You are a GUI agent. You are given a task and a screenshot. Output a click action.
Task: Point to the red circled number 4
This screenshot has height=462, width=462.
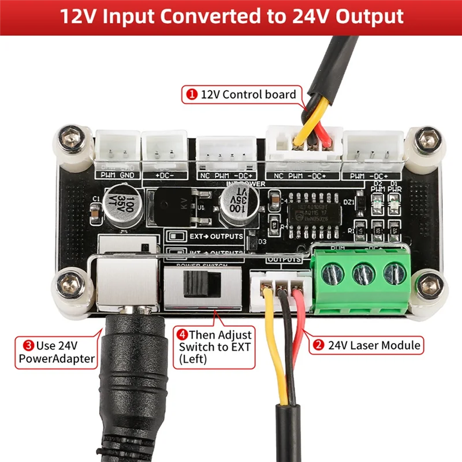tap(182, 334)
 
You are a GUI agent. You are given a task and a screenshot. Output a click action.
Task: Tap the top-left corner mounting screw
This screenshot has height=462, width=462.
tap(73, 139)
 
